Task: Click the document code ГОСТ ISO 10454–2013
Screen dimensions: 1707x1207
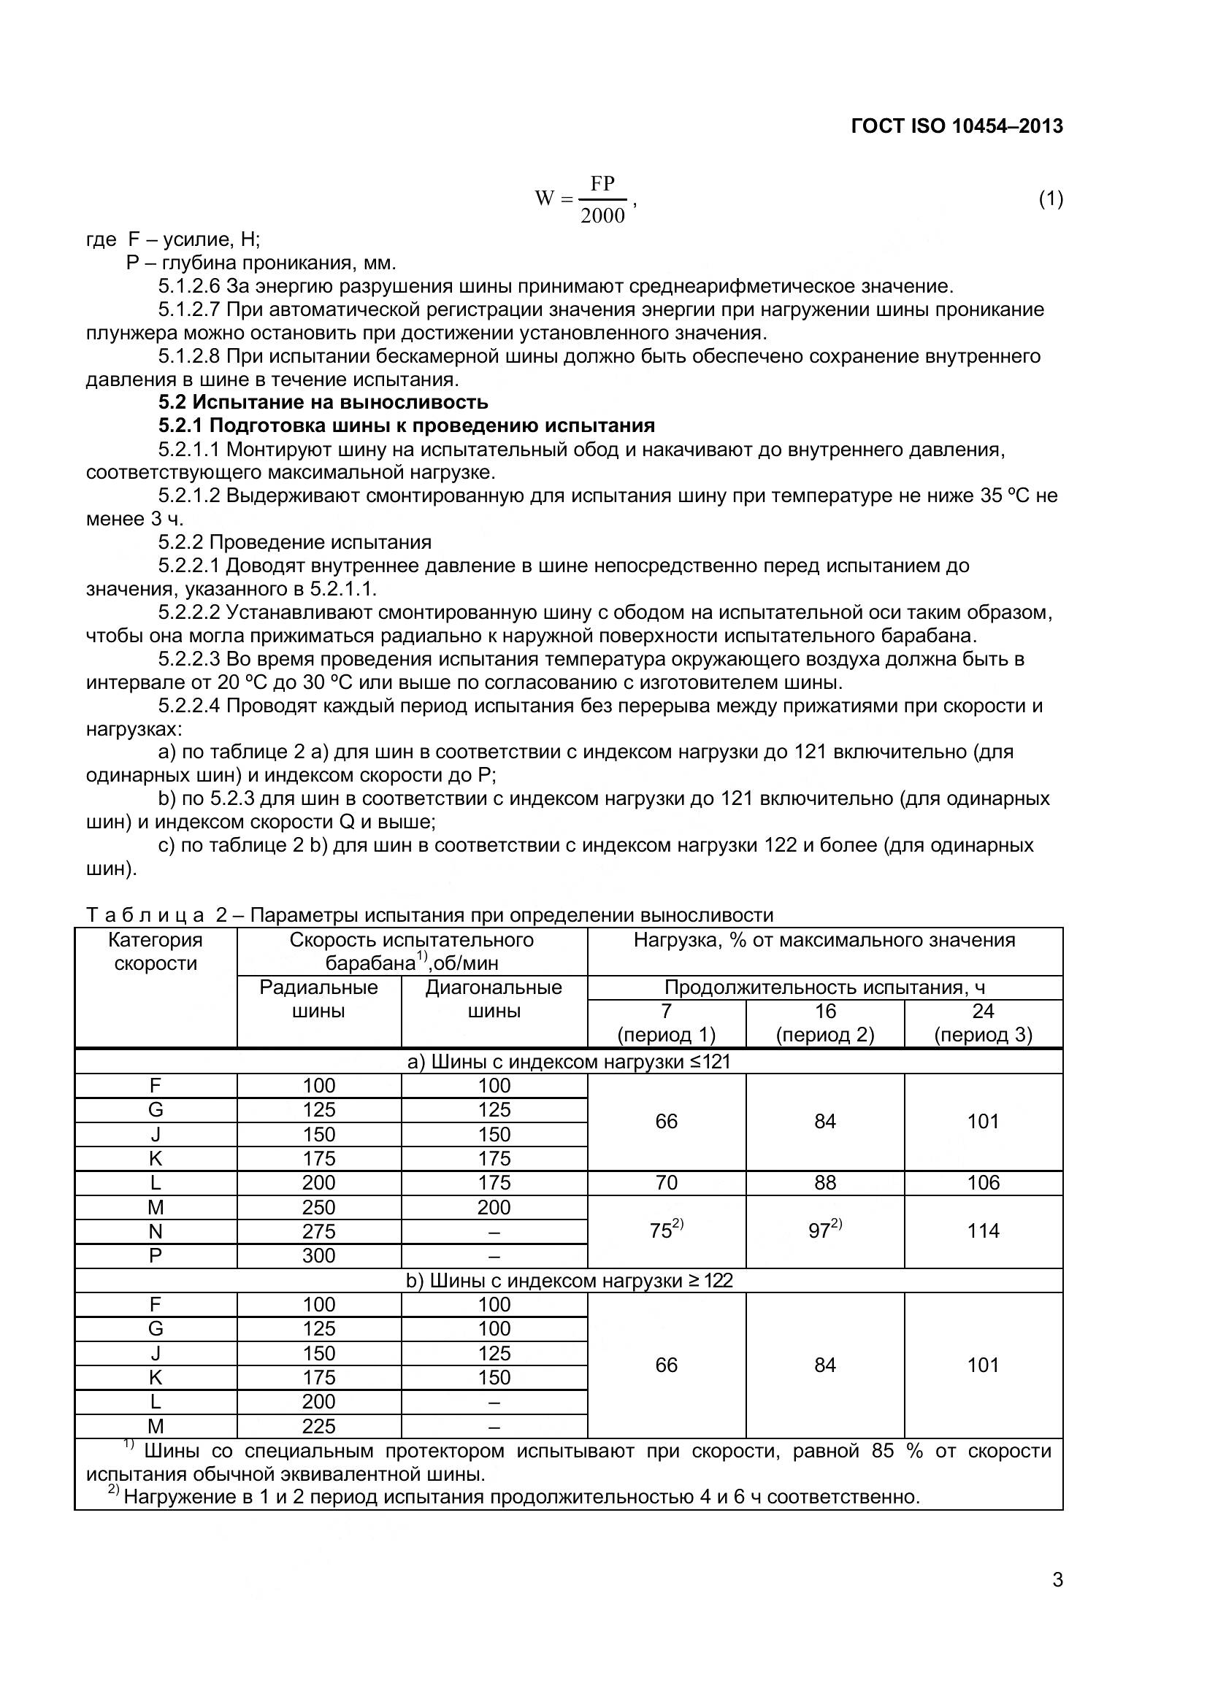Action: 957,126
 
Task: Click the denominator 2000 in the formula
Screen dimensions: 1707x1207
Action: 602,216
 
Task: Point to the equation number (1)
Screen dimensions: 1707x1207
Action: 1050,199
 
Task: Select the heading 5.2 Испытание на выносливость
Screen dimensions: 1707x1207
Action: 323,402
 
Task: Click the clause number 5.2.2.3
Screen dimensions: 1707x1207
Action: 189,659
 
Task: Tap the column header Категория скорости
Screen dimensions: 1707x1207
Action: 156,952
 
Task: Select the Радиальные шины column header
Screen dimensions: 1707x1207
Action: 318,998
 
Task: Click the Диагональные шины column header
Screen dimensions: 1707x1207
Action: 494,998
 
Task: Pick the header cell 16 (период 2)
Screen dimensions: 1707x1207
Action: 824,1022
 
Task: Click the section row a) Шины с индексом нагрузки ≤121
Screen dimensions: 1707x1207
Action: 569,1061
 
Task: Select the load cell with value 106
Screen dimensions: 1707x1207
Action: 982,1183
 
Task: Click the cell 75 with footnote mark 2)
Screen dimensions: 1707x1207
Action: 666,1230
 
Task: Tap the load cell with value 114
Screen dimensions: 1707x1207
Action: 982,1230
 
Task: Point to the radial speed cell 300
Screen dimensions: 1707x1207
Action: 318,1256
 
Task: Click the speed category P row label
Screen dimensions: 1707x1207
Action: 156,1256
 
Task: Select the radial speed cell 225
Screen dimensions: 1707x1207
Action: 318,1426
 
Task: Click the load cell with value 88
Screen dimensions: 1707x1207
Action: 824,1183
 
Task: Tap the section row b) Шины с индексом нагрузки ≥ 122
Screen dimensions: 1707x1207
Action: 569,1280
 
